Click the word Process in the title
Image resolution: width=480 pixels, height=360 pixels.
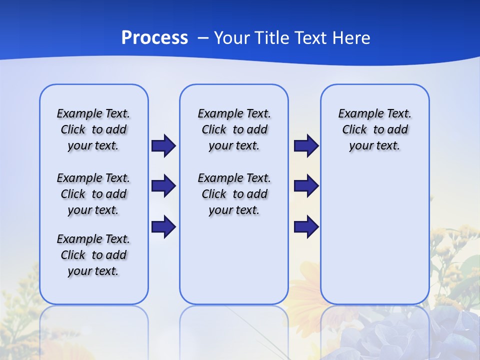(x=154, y=38)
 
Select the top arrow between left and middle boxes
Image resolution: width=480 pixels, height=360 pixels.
(x=163, y=145)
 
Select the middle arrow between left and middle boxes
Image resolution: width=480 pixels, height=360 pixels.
(x=163, y=186)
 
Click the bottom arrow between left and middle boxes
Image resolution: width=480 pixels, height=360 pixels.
(x=163, y=226)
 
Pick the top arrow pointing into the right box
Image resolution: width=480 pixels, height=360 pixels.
(x=306, y=145)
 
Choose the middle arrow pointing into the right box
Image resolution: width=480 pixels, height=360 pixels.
(x=306, y=186)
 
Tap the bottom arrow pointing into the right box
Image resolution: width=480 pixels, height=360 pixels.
(x=306, y=226)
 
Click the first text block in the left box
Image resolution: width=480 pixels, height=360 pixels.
(x=93, y=129)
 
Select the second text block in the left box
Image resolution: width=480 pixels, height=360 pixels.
(x=93, y=194)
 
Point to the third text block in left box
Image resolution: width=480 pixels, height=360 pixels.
(x=93, y=255)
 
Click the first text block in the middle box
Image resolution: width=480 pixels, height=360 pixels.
(x=234, y=129)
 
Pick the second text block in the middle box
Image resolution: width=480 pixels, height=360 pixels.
(x=234, y=194)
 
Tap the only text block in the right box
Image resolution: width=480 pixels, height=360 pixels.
(x=374, y=129)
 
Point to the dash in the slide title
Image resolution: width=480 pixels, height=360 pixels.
(x=203, y=38)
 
